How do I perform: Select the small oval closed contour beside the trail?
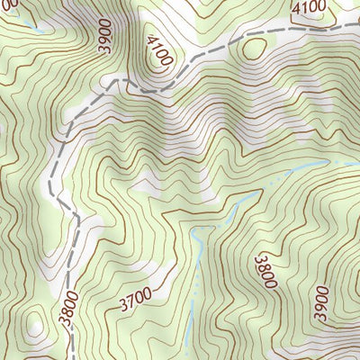tap(255, 47)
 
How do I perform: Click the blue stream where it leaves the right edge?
tap(356, 161)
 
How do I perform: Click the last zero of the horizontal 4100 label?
tap(324, 8)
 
